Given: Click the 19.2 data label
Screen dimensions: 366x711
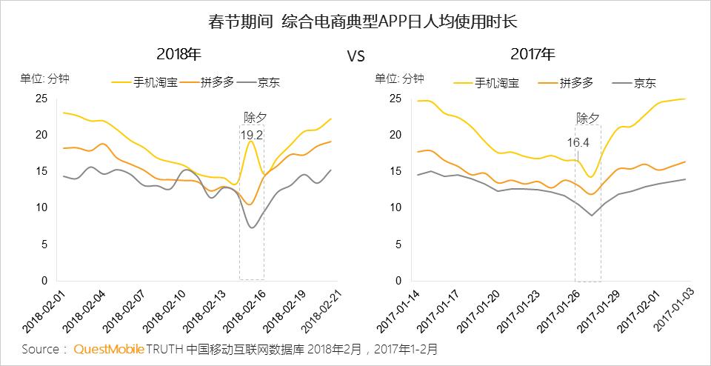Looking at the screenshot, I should (x=252, y=135).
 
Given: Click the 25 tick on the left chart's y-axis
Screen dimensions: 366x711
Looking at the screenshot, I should (x=41, y=99).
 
